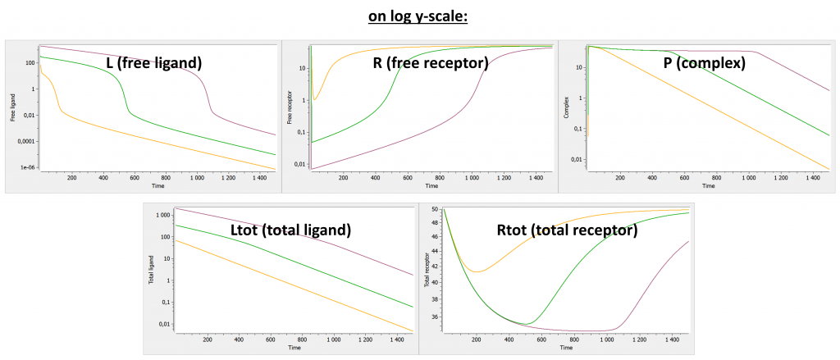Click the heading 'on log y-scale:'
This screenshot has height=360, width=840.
(x=418, y=16)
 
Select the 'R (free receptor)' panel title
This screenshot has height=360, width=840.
(x=430, y=62)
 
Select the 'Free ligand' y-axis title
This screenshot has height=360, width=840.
(x=13, y=107)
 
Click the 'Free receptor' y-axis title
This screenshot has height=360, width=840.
(x=290, y=107)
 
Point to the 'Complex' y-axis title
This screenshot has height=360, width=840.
(x=566, y=107)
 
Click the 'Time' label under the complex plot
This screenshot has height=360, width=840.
(x=708, y=186)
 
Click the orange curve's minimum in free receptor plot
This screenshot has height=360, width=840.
(x=315, y=100)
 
